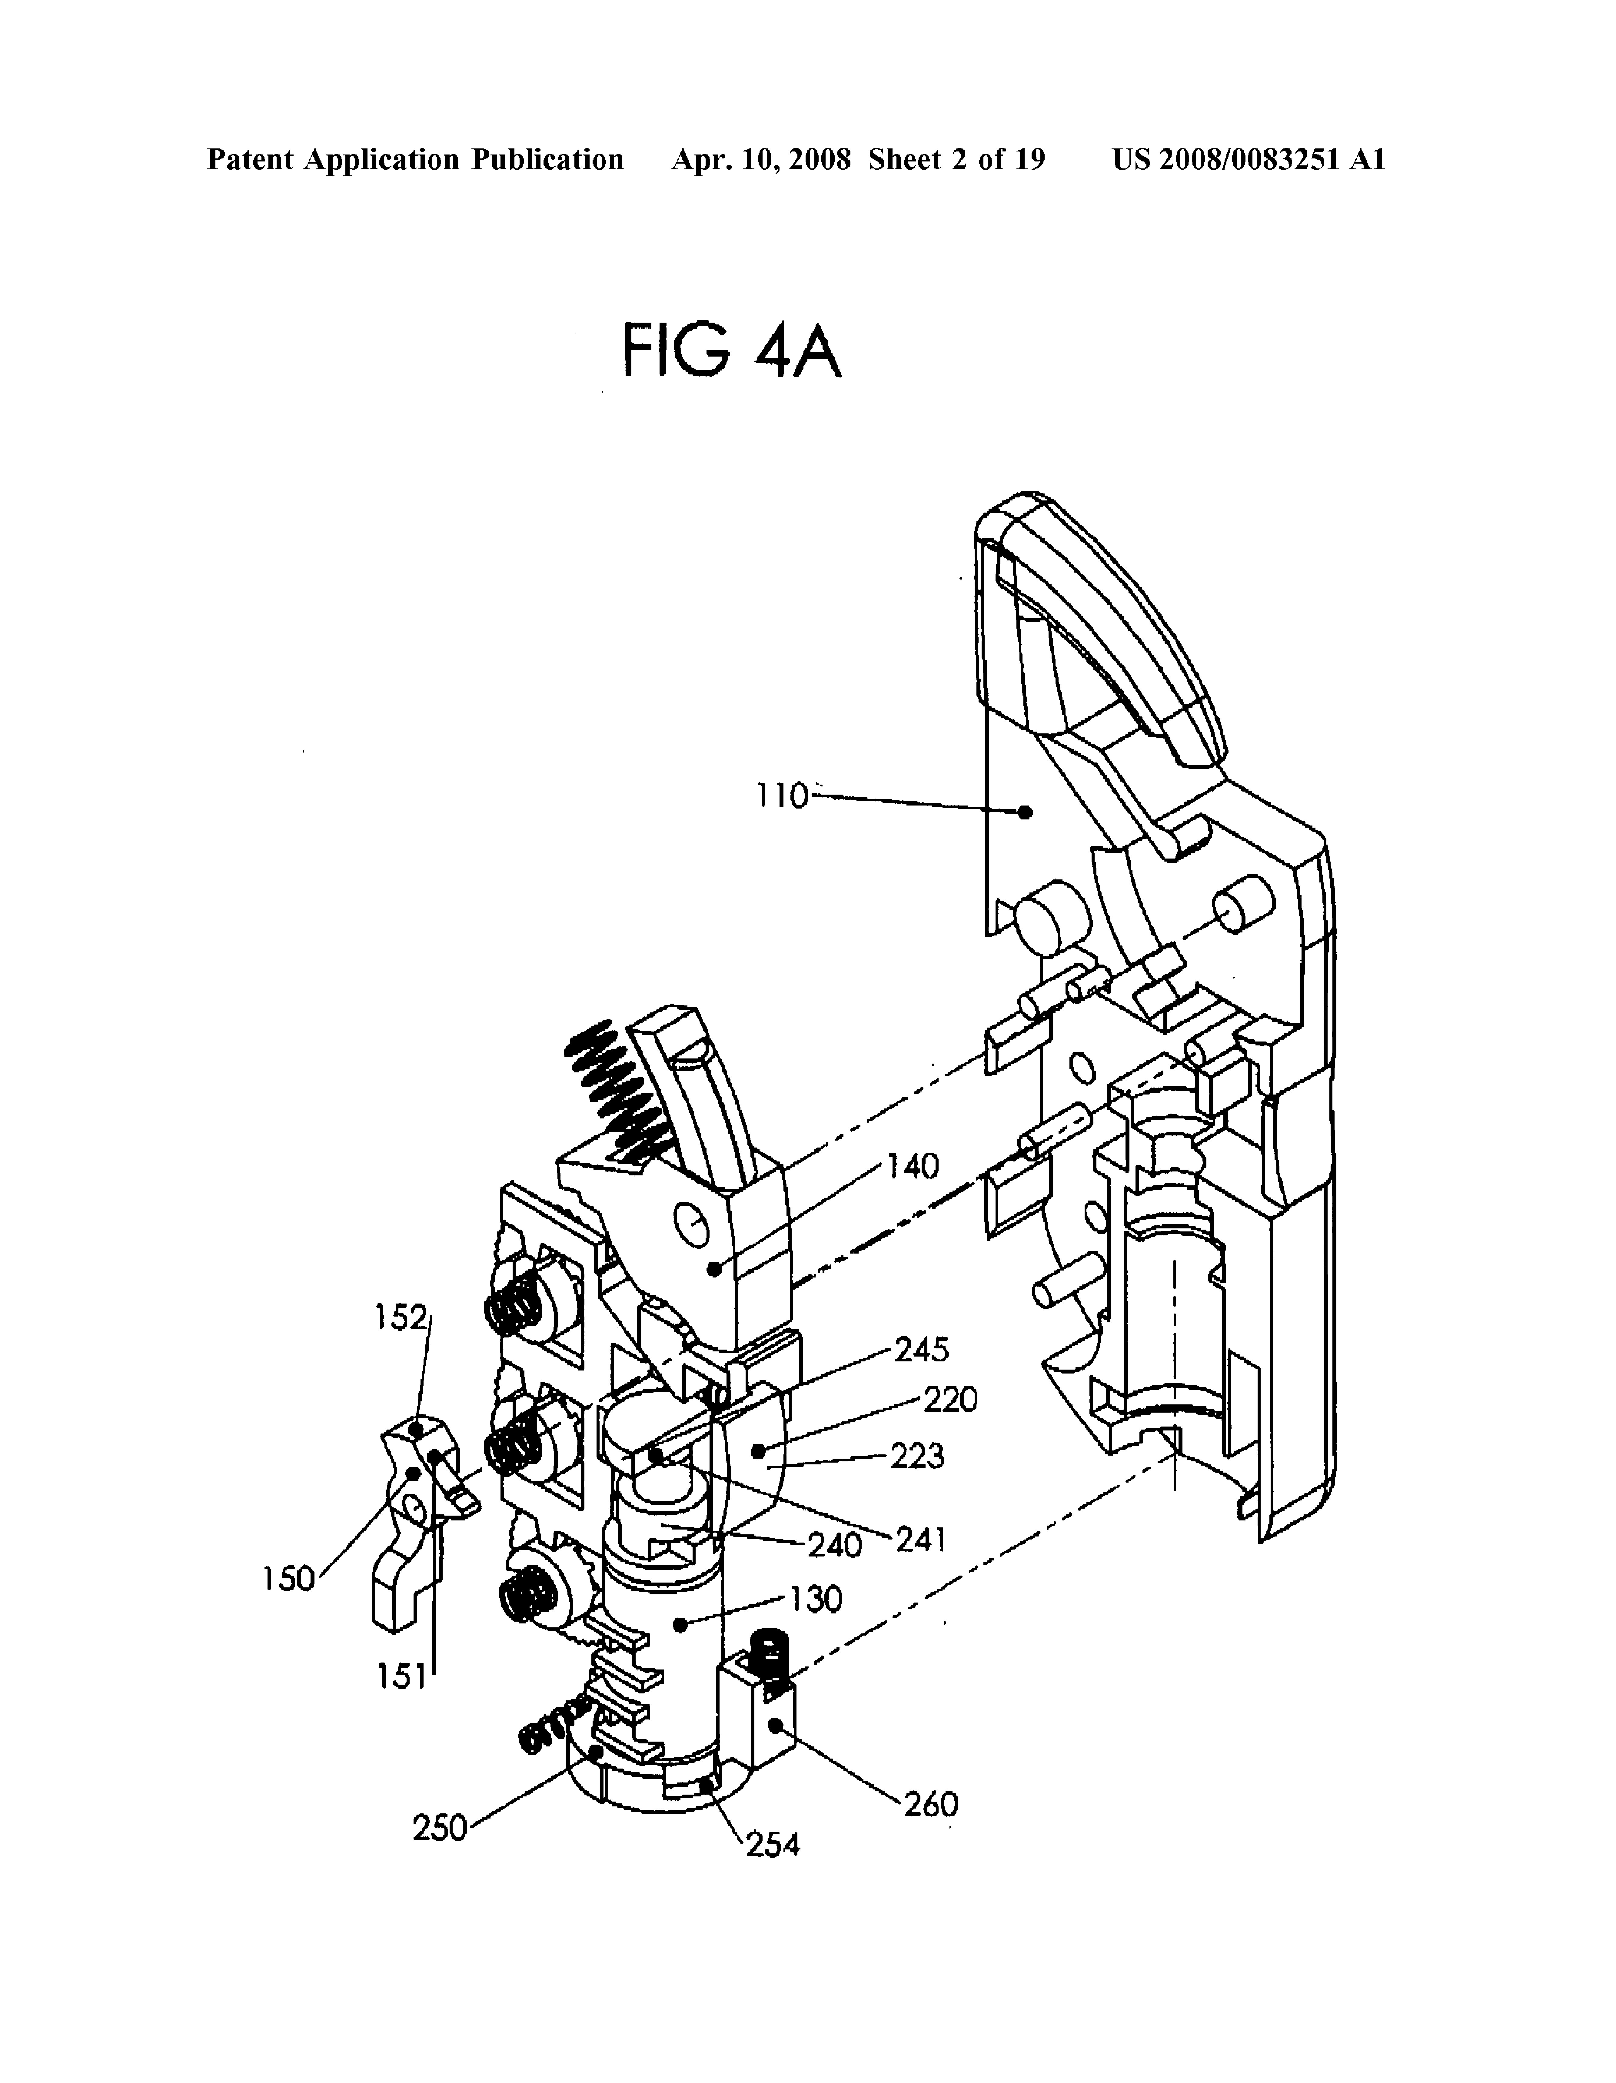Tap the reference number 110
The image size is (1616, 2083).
click(782, 795)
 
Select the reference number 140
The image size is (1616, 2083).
click(913, 1166)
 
